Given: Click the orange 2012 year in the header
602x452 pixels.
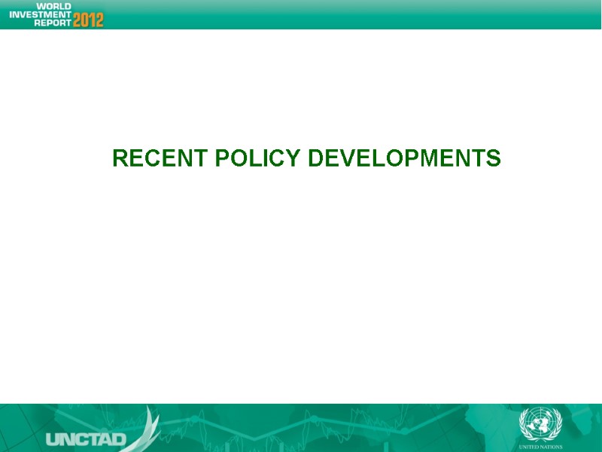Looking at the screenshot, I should [x=88, y=19].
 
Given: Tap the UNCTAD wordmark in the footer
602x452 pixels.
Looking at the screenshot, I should [x=86, y=439].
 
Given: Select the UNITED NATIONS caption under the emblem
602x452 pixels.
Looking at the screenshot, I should [x=541, y=446].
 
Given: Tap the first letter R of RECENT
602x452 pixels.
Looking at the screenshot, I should [x=119, y=159].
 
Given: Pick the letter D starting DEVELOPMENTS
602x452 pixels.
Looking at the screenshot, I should [x=316, y=159].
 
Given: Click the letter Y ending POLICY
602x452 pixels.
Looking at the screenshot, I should [x=295, y=159].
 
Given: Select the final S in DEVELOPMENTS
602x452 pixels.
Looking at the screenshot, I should [x=494, y=159].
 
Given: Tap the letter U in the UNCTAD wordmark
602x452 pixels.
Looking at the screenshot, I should [x=53, y=439].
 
